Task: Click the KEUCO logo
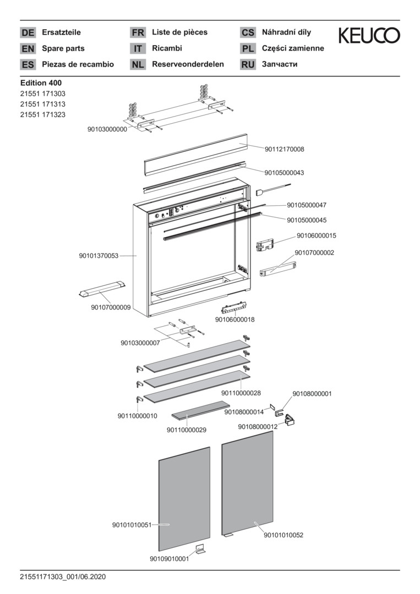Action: click(369, 35)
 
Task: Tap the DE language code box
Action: click(28, 32)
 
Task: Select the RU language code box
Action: click(248, 64)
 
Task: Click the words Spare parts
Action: click(63, 48)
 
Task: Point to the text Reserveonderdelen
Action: click(188, 64)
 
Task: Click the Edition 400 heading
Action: click(41, 82)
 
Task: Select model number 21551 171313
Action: click(43, 104)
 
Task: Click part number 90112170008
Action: click(284, 149)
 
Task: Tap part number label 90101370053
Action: click(99, 256)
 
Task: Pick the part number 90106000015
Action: click(316, 235)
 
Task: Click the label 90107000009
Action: click(111, 307)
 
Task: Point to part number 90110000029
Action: click(187, 430)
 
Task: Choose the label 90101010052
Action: click(283, 535)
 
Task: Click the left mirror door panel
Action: click(184, 499)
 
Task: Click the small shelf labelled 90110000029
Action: click(200, 410)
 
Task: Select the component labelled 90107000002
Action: click(278, 268)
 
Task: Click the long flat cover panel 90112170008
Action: click(195, 155)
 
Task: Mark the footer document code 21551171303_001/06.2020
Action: click(63, 577)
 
